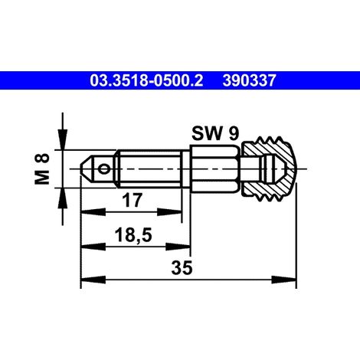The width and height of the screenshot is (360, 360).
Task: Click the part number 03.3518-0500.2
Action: (146, 80)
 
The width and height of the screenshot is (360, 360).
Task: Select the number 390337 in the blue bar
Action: (249, 80)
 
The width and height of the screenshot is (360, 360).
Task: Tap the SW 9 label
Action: (215, 133)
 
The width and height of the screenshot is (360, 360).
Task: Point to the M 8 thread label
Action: (42, 169)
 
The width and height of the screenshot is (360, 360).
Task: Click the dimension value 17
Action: (132, 200)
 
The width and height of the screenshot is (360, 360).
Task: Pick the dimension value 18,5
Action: (133, 235)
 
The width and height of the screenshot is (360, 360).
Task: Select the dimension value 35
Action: (182, 268)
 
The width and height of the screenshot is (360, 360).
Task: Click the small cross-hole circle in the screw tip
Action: (104, 169)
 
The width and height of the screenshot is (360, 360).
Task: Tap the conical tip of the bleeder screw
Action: (87, 169)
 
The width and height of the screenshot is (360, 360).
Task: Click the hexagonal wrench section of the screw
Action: (214, 169)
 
